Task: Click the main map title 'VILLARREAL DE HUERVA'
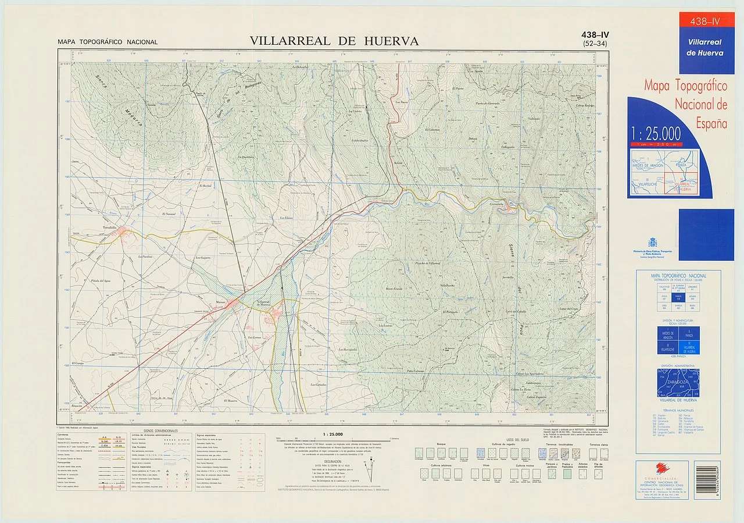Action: click(x=334, y=41)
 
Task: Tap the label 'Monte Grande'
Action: click(x=394, y=289)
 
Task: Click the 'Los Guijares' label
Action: click(x=203, y=257)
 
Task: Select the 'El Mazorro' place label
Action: click(x=232, y=401)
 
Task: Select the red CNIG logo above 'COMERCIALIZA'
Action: click(x=661, y=468)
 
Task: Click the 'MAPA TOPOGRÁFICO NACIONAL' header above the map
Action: click(x=108, y=42)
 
